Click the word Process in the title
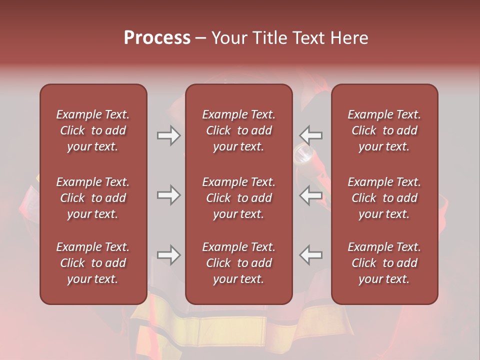157,38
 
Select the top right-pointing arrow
168,135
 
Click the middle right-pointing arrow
168,195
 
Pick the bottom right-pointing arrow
168,255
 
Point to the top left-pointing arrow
310,135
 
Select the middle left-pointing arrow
310,195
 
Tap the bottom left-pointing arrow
310,255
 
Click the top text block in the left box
93,130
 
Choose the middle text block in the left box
93,198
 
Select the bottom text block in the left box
93,263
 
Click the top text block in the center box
239,130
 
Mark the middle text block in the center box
239,198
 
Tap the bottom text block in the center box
239,263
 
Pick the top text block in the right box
384,130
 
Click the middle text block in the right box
384,198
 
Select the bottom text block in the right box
384,263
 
